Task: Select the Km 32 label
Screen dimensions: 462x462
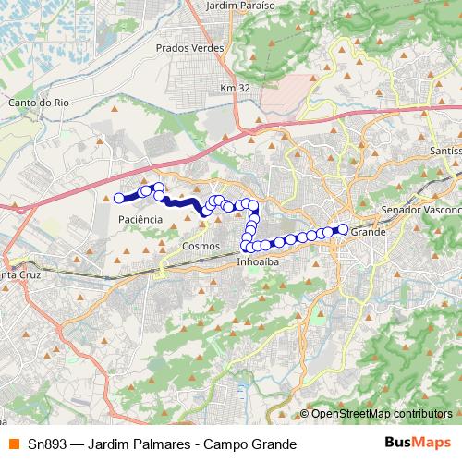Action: coord(235,88)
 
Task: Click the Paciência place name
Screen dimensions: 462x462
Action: coord(140,219)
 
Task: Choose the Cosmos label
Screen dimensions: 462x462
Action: coord(201,247)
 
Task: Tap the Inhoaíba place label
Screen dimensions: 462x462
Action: coord(258,261)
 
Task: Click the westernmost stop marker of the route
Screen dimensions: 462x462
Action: coord(119,198)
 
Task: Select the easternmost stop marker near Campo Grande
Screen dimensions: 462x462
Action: coord(342,229)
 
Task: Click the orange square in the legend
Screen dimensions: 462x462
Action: coord(13,444)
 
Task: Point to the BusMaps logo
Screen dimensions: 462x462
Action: coord(417,444)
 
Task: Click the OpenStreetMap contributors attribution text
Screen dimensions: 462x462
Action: coord(382,413)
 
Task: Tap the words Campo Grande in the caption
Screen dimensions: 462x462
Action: coord(250,444)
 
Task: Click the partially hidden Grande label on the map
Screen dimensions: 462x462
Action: coord(368,232)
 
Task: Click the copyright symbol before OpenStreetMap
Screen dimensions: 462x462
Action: coord(305,413)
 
